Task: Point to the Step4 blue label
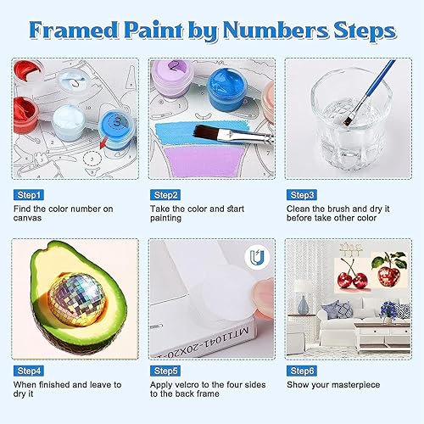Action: pyautogui.click(x=31, y=371)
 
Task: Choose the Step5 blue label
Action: pyautogui.click(x=165, y=371)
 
